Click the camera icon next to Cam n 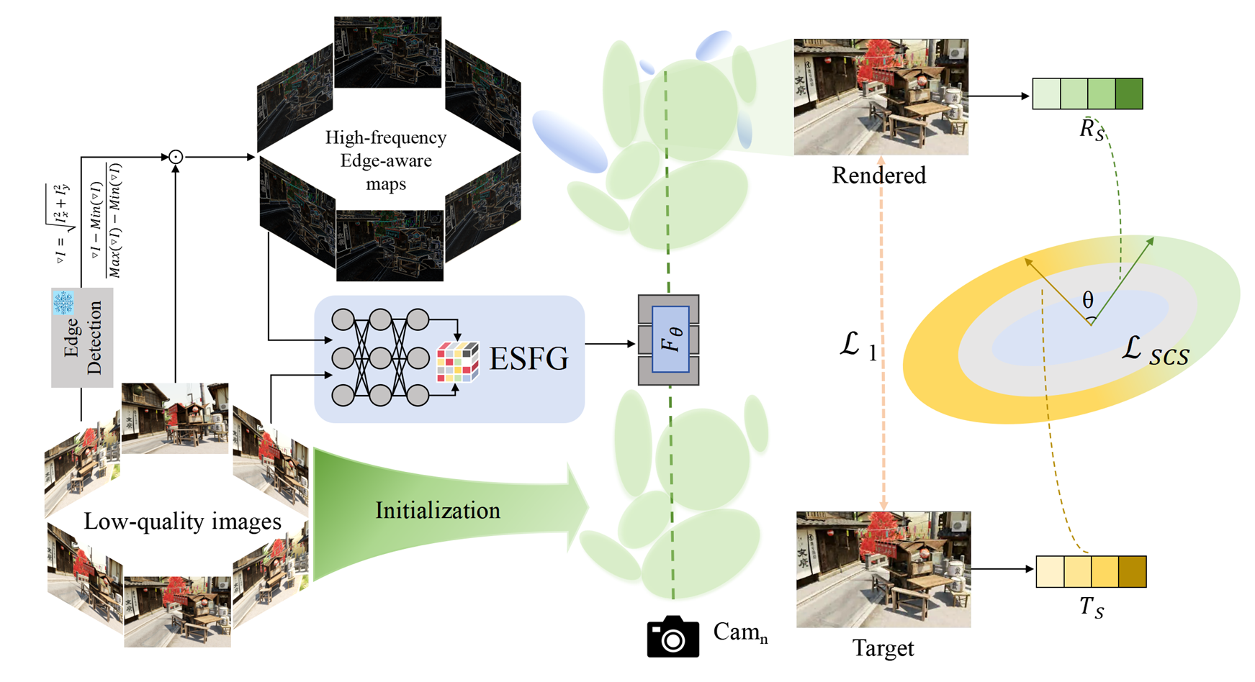click(673, 637)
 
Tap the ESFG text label click(528, 358)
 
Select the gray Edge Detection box click(82, 338)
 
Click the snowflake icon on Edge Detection click(63, 303)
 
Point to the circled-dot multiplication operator click(175, 157)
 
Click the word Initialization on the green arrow click(437, 511)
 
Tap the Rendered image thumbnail click(881, 97)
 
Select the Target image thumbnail click(883, 569)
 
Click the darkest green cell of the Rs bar click(1128, 94)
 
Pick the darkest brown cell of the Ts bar click(1132, 572)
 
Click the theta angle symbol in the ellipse click(1087, 301)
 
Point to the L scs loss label click(1155, 351)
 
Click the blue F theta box click(670, 340)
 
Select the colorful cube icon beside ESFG click(458, 362)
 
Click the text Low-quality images click(182, 522)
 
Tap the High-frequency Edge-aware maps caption click(386, 160)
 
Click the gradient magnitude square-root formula click(63, 223)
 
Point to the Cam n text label click(740, 632)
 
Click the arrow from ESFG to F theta click(610, 344)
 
